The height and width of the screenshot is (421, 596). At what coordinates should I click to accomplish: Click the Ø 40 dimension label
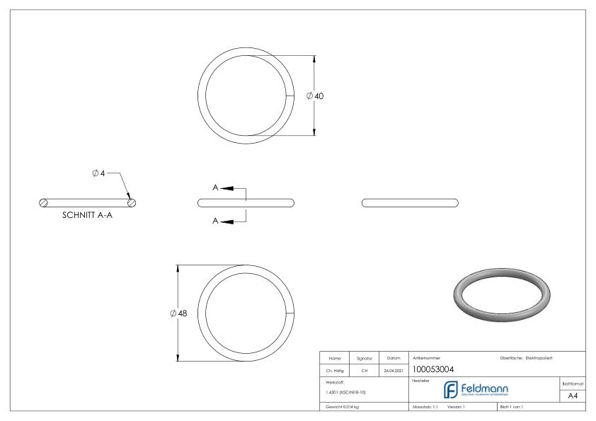point(316,96)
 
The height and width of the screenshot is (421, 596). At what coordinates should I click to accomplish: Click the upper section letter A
point(215,188)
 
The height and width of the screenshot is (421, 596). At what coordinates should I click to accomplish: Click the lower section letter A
point(215,221)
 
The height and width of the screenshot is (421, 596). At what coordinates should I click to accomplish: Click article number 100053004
point(432,369)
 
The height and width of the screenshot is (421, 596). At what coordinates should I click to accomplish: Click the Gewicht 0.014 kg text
point(342,408)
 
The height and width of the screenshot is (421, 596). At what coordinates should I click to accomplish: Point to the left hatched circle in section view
point(45,203)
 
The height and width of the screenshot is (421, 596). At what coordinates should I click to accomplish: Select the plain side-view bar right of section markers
point(410,202)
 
